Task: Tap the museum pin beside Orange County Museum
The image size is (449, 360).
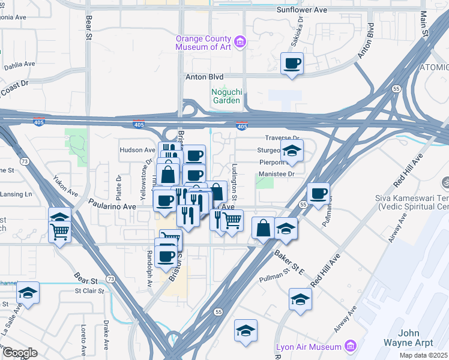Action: pyautogui.click(x=241, y=42)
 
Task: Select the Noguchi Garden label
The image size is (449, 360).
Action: pyautogui.click(x=226, y=96)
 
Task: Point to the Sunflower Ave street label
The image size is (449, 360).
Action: pyautogui.click(x=301, y=10)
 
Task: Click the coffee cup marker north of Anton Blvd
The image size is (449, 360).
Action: pyautogui.click(x=292, y=63)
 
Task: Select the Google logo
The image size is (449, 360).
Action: pyautogui.click(x=20, y=353)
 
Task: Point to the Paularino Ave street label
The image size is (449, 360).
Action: pyautogui.click(x=112, y=206)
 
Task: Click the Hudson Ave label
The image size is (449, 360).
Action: pyautogui.click(x=137, y=150)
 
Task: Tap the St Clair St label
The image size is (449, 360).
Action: pyautogui.click(x=89, y=292)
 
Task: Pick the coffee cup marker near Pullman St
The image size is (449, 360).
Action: pyautogui.click(x=318, y=193)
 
